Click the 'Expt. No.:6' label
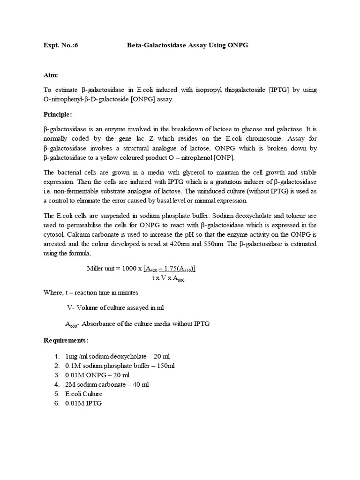[x=58, y=45]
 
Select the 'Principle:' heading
[x=58, y=114]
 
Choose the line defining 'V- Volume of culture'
[x=115, y=307]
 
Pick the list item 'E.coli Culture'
[x=84, y=394]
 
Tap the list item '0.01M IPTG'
[x=83, y=403]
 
